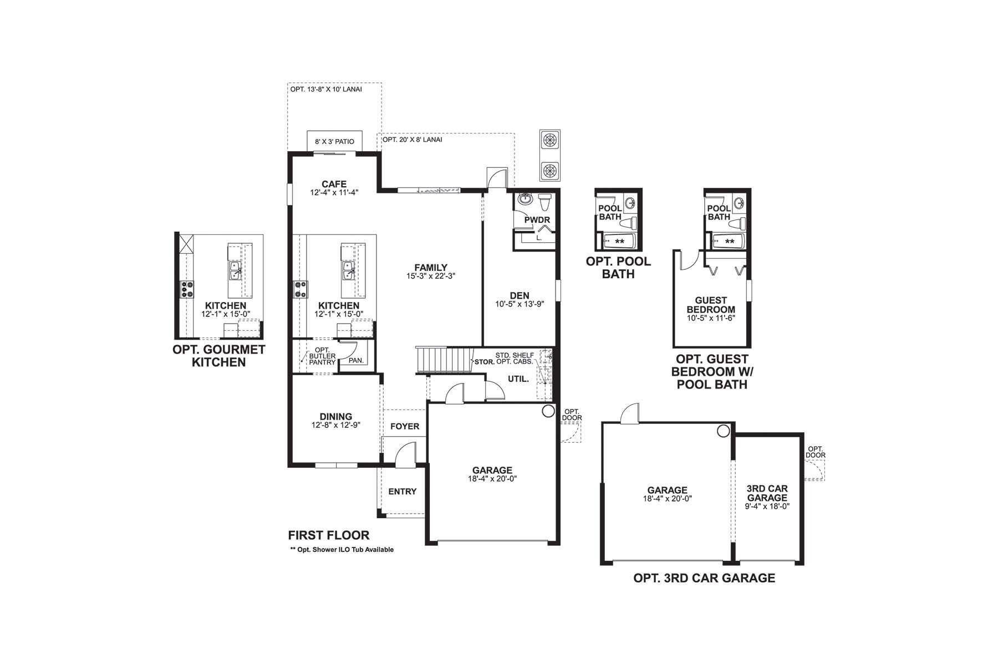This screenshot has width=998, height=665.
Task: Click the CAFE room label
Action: [x=334, y=184]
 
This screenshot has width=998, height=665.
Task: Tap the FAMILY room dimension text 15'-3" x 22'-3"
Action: [x=431, y=276]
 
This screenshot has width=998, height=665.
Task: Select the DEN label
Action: [x=520, y=295]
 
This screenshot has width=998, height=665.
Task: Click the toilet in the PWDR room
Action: [x=544, y=202]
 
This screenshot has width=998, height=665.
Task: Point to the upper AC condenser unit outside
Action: [x=549, y=140]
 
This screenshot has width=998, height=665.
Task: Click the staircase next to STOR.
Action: [x=444, y=360]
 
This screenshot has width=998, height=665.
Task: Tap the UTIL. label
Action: [x=518, y=379]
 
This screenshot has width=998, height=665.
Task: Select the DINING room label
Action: [x=335, y=417]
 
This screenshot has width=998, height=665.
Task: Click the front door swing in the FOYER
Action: [x=406, y=452]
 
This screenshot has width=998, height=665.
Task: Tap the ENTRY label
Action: [x=402, y=492]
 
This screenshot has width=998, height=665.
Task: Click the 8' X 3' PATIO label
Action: [x=334, y=142]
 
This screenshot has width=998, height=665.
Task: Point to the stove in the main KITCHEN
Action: [x=300, y=289]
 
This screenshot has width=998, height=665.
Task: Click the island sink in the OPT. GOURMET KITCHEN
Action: [x=235, y=272]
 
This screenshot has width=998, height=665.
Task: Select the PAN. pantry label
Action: [x=356, y=360]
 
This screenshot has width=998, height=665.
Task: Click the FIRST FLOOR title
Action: [x=328, y=535]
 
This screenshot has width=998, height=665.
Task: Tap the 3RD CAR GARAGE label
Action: [x=767, y=493]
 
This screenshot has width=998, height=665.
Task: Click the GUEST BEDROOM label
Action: [x=711, y=305]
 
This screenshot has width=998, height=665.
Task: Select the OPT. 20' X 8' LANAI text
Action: [x=413, y=140]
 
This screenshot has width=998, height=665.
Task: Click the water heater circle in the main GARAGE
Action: [x=548, y=411]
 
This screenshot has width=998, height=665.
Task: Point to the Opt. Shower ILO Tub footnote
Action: [x=342, y=550]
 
